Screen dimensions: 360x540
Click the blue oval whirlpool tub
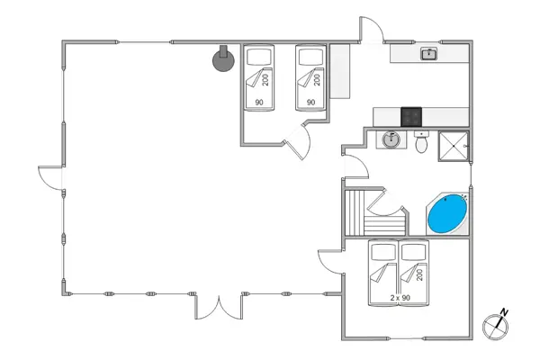pyautogui.click(x=446, y=216)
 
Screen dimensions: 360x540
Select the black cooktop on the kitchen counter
pyautogui.click(x=410, y=116)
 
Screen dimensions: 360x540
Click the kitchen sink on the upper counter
pyautogui.click(x=429, y=54)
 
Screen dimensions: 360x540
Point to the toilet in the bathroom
pyautogui.click(x=421, y=142)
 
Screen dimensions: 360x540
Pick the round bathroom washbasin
pyautogui.click(x=391, y=140)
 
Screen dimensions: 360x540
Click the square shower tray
pyautogui.click(x=454, y=145)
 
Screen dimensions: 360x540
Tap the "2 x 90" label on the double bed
pyautogui.click(x=400, y=297)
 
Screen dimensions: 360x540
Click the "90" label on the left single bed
pyautogui.click(x=259, y=103)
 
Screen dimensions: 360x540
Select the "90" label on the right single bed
pyautogui.click(x=310, y=103)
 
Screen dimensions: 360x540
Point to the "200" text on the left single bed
pyautogui.click(x=266, y=80)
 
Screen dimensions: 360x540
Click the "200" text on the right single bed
pyautogui.click(x=318, y=80)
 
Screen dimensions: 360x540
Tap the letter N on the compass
pyautogui.click(x=504, y=313)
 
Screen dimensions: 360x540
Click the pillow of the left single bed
pyautogui.click(x=259, y=57)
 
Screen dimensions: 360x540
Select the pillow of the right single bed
pyautogui.click(x=310, y=57)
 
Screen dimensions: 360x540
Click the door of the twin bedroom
pyautogui.click(x=297, y=139)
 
